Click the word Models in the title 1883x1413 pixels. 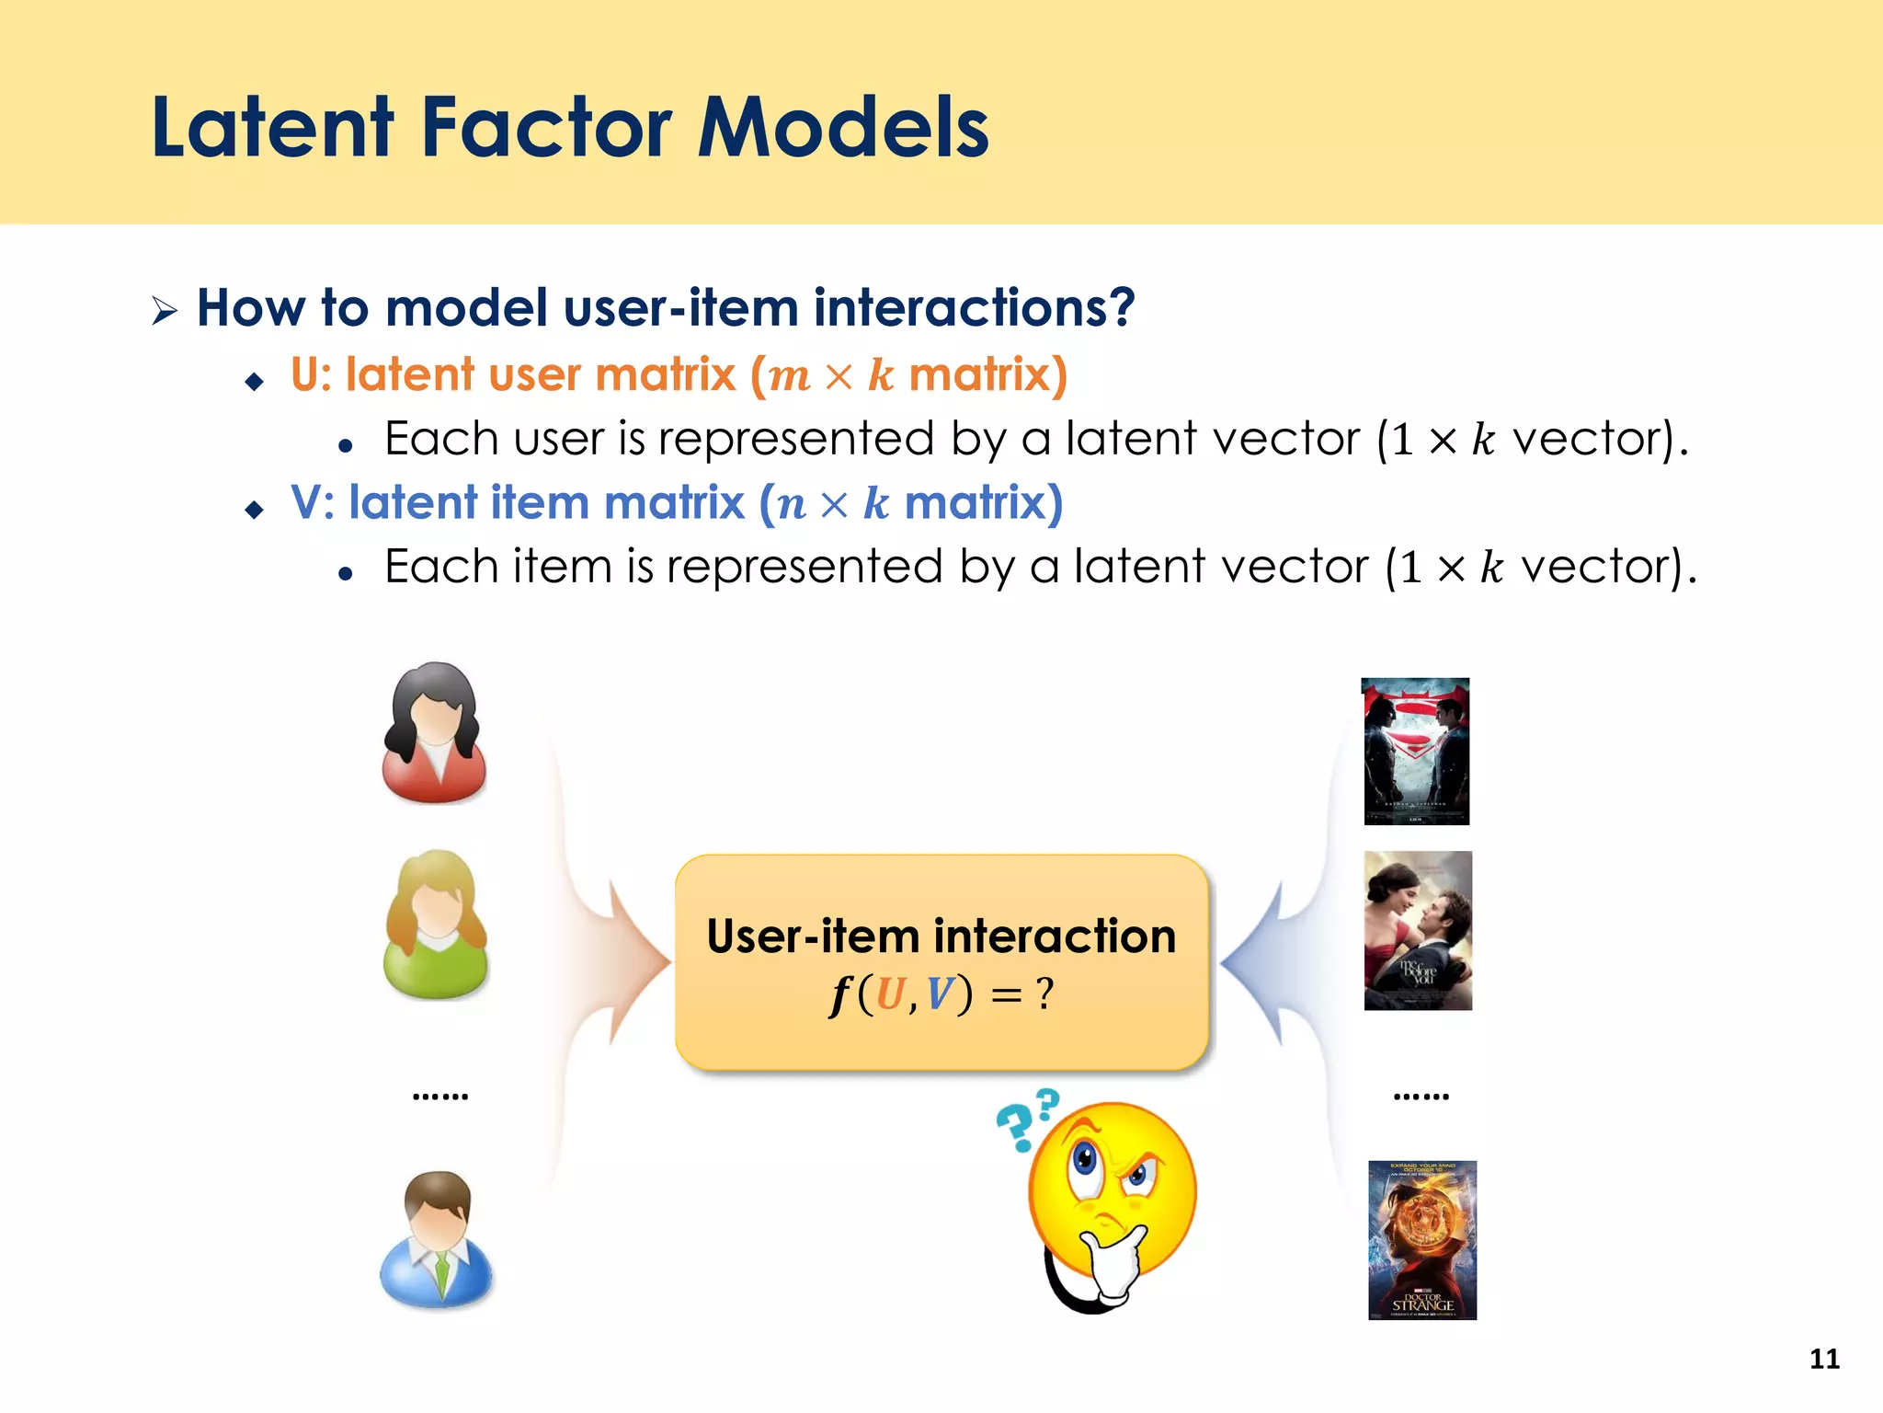842,128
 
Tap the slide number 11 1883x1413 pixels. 1824,1359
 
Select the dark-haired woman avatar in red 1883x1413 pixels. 434,733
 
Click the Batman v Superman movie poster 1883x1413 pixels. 1416,751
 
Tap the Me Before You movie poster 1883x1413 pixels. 1418,930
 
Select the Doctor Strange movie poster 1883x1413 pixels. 1421,1239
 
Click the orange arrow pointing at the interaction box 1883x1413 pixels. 634,961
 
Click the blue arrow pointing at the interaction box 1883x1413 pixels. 1260,961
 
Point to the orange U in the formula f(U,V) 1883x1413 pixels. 890,994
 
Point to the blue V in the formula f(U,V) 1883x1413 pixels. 940,994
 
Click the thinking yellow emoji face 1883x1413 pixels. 1113,1191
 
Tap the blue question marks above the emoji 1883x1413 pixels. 1028,1118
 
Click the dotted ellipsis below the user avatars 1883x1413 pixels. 440,1096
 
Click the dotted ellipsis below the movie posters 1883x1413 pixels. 1421,1096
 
